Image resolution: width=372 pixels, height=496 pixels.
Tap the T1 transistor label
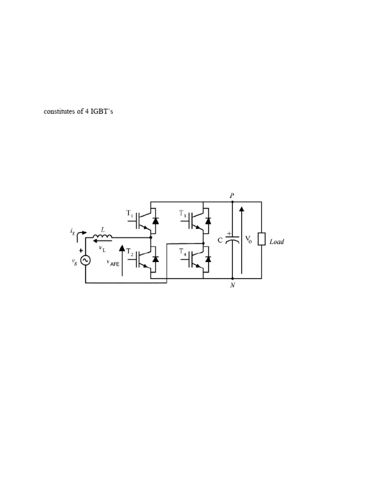129,213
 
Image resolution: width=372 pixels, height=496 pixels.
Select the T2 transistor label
130,251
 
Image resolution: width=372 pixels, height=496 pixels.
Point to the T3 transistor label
183,213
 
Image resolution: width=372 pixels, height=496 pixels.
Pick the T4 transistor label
183,251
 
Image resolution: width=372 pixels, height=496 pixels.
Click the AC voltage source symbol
86,261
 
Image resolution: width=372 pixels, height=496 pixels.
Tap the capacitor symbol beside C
232,239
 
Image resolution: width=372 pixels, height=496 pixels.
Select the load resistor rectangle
262,239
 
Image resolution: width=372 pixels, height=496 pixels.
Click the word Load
277,242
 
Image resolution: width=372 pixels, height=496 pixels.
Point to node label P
232,195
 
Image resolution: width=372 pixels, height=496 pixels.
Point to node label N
232,285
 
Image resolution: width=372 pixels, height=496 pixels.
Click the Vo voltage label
248,239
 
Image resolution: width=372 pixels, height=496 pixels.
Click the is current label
72,232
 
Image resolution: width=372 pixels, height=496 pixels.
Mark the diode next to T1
155,220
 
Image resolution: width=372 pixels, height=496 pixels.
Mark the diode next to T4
208,259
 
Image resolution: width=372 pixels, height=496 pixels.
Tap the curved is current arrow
82,233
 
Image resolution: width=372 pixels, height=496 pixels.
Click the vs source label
75,262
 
